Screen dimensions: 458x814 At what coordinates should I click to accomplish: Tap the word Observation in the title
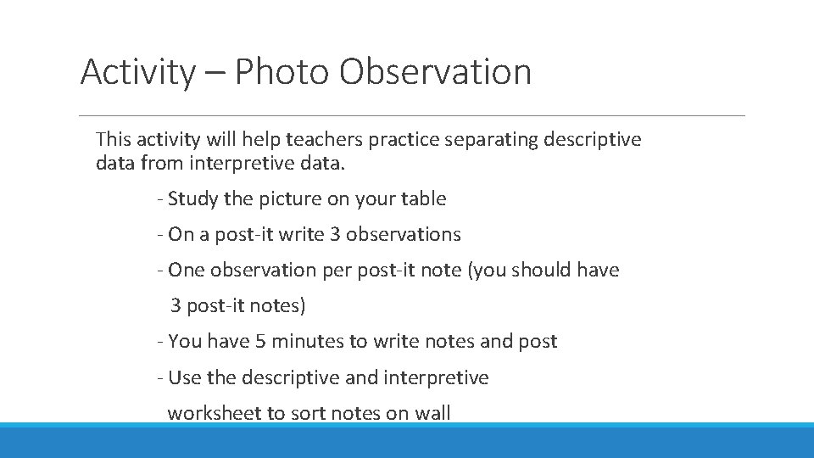[x=436, y=72]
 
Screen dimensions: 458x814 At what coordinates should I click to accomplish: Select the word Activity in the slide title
[x=137, y=72]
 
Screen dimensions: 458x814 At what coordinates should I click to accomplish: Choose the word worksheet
[x=212, y=413]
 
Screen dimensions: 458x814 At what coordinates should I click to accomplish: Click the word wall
[x=433, y=413]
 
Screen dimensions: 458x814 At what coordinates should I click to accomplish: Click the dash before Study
[x=159, y=199]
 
